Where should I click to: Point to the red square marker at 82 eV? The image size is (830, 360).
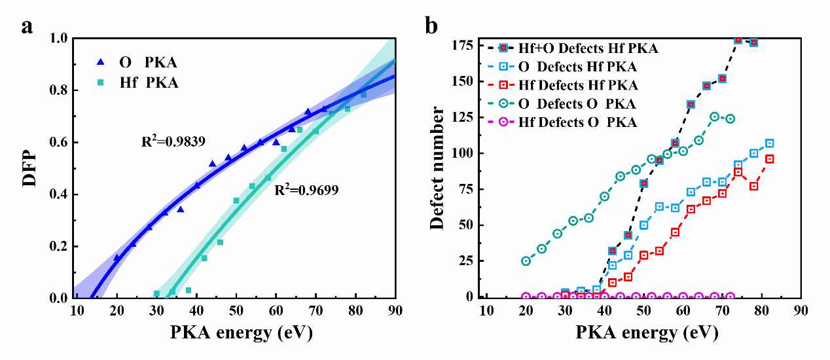point(770,159)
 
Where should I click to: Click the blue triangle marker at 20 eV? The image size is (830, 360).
point(117,258)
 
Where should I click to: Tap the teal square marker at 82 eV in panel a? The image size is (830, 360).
point(363,95)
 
